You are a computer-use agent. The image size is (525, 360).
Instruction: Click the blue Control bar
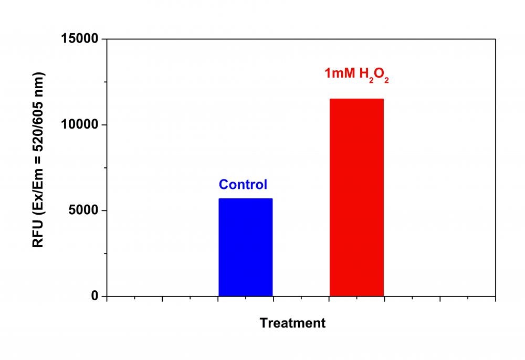coord(245,247)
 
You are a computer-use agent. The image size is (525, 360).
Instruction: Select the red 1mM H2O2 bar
coord(356,197)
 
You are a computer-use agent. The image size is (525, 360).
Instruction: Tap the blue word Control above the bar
coord(243,185)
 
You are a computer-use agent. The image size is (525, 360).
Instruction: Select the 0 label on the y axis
coord(95,296)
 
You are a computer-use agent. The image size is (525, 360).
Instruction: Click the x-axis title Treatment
coord(292,323)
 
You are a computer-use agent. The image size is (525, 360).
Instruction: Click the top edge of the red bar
coord(356,99)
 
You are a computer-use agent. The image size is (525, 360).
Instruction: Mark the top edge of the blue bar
coord(245,199)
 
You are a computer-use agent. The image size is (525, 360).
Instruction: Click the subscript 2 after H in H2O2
coord(370,79)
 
